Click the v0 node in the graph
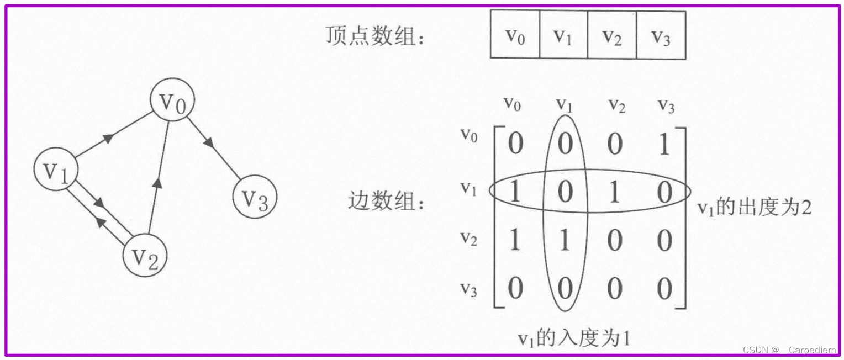point(173,100)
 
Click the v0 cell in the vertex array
point(515,35)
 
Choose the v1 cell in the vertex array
point(563,35)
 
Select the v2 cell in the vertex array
point(611,35)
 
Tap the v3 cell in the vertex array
point(661,35)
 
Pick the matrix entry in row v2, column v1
point(564,241)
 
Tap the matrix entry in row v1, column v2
point(614,193)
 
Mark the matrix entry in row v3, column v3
point(664,289)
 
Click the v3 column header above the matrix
point(666,105)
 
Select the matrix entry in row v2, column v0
point(515,241)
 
